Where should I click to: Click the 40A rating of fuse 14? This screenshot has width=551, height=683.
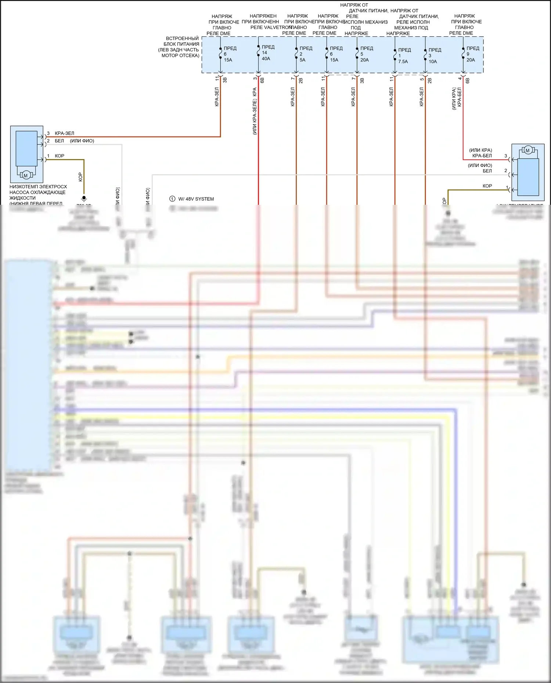click(x=266, y=59)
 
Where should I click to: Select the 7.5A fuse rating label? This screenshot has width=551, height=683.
click(x=403, y=62)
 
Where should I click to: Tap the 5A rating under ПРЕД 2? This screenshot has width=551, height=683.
click(x=302, y=60)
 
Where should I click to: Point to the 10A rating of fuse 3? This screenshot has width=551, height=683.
click(x=433, y=62)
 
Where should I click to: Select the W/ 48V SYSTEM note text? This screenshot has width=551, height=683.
click(x=196, y=199)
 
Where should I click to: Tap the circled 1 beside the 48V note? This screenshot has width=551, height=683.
click(x=172, y=199)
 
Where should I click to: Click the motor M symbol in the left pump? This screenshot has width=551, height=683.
click(x=26, y=176)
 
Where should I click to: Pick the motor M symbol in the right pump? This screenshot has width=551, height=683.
click(x=527, y=150)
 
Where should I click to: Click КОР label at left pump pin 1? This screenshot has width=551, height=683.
click(x=60, y=156)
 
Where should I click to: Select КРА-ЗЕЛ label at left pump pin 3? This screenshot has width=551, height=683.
click(x=64, y=134)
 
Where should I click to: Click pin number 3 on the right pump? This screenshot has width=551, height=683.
click(x=505, y=156)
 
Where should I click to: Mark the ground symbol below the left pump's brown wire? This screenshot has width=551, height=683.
click(x=84, y=198)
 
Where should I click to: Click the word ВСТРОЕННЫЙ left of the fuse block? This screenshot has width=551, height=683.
click(x=182, y=39)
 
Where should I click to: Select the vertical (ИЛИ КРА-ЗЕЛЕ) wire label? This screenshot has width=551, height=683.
click(x=255, y=116)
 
